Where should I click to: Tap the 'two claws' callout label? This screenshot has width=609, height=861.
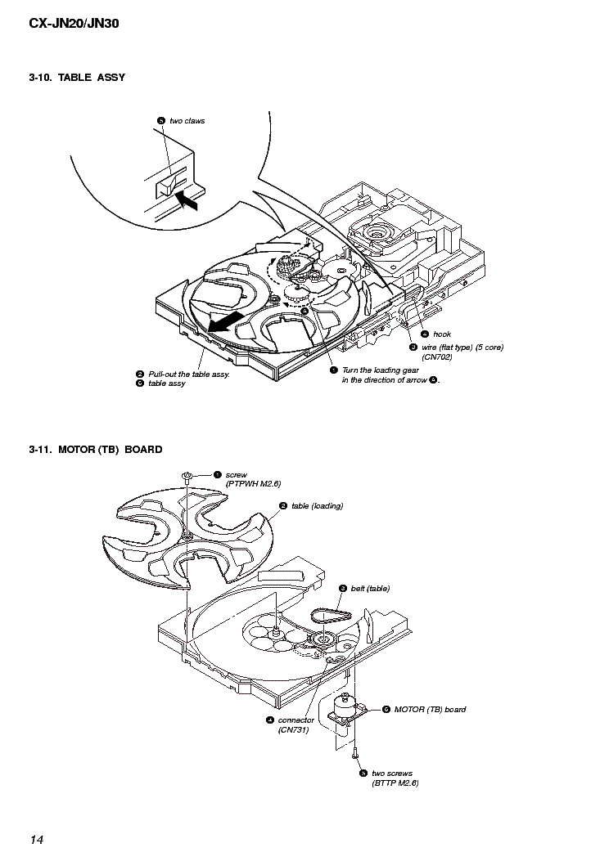(187, 121)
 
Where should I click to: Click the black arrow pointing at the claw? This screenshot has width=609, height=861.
(187, 199)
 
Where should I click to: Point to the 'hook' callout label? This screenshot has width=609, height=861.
(442, 334)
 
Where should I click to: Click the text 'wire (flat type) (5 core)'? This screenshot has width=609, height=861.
(462, 347)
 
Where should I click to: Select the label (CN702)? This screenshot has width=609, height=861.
(437, 357)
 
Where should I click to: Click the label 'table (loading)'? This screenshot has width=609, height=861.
(317, 506)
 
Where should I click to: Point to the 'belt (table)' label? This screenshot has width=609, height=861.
(370, 589)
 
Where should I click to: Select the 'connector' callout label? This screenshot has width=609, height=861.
(295, 720)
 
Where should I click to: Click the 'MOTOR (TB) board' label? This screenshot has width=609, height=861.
(430, 709)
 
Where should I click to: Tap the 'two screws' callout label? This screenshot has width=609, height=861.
(392, 773)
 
